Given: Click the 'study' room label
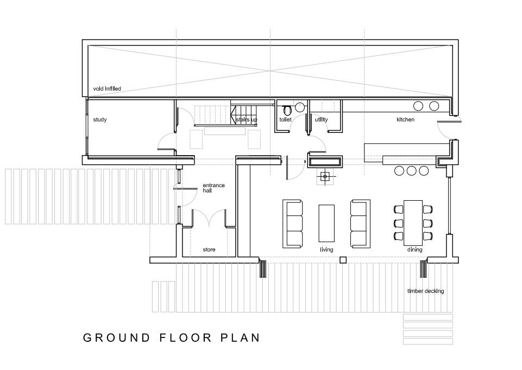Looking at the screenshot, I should [x=99, y=119].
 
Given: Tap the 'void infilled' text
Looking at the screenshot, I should [x=106, y=88].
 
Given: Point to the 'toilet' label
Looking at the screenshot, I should [x=285, y=119].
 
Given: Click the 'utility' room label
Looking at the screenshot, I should [x=321, y=119].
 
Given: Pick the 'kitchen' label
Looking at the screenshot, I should [x=405, y=119].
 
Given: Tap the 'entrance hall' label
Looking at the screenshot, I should [x=213, y=188].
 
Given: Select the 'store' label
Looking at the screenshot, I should [x=209, y=250].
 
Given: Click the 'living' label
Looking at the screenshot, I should [x=326, y=250].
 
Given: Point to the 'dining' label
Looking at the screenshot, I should [x=414, y=250].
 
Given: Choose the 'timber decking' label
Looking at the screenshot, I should [x=425, y=291].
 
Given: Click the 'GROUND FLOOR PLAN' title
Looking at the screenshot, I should [x=171, y=337].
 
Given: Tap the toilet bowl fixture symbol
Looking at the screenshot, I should [x=287, y=109].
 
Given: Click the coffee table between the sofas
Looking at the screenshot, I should [x=326, y=223].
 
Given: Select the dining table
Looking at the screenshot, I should [x=413, y=222].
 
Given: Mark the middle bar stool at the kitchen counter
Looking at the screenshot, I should [x=411, y=171].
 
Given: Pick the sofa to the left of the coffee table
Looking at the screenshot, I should [x=292, y=223].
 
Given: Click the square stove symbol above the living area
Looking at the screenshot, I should [x=325, y=176].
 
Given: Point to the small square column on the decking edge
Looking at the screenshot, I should [x=343, y=260].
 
